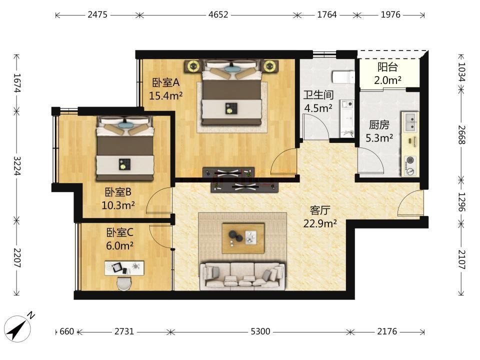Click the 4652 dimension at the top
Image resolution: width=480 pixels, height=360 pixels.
coord(218,14)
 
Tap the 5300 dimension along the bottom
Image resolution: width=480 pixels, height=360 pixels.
coord(260,331)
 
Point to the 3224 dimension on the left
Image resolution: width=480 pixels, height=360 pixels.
coord(17,165)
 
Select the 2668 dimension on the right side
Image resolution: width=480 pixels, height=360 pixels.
coord(461,135)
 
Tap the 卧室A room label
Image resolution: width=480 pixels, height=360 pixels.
coord(166,82)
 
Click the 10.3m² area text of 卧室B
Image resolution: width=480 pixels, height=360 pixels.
coord(118,205)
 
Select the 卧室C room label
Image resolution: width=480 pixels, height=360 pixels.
coord(119,232)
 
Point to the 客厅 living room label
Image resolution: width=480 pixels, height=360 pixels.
coord(320,210)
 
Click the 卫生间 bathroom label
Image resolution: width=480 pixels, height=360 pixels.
coord(318,95)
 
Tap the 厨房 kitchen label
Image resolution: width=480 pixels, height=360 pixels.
coord(379,125)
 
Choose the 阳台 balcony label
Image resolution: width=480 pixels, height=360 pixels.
coord(387,66)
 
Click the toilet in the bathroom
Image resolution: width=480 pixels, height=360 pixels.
coord(343,77)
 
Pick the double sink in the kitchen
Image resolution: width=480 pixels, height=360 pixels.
coord(410,122)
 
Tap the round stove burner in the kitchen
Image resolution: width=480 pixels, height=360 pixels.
coord(410,160)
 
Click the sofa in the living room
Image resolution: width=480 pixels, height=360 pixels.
coord(242,275)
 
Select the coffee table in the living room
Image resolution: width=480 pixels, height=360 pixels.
coord(243,238)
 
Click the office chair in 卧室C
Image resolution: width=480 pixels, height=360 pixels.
coord(124,283)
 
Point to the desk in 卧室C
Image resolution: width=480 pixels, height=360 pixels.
coord(124,268)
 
